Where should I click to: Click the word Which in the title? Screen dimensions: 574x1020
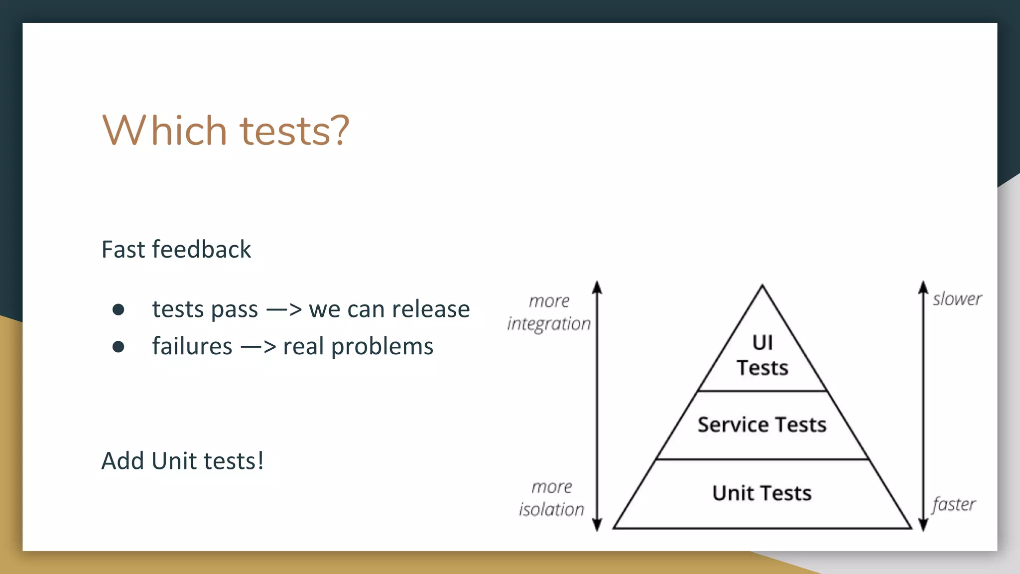pos(165,131)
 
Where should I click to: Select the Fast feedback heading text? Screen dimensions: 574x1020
pos(176,249)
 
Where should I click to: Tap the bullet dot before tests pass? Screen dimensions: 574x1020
pos(119,310)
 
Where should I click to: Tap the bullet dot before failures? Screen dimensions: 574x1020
pos(119,347)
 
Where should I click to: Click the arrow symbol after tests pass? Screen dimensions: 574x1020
pos(284,310)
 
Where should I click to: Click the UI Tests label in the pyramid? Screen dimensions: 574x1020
pos(762,355)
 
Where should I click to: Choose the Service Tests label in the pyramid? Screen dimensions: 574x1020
pos(762,425)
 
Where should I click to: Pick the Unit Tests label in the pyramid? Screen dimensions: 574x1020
pos(762,493)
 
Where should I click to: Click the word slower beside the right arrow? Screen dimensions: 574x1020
pos(957,299)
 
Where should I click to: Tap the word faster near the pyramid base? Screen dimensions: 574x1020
pos(954,504)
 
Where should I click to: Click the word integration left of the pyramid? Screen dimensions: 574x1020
pos(549,324)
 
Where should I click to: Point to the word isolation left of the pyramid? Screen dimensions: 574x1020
pos(551,509)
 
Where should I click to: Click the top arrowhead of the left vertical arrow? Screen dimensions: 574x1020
pos(597,287)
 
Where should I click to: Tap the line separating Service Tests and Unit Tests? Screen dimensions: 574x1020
pos(762,459)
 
